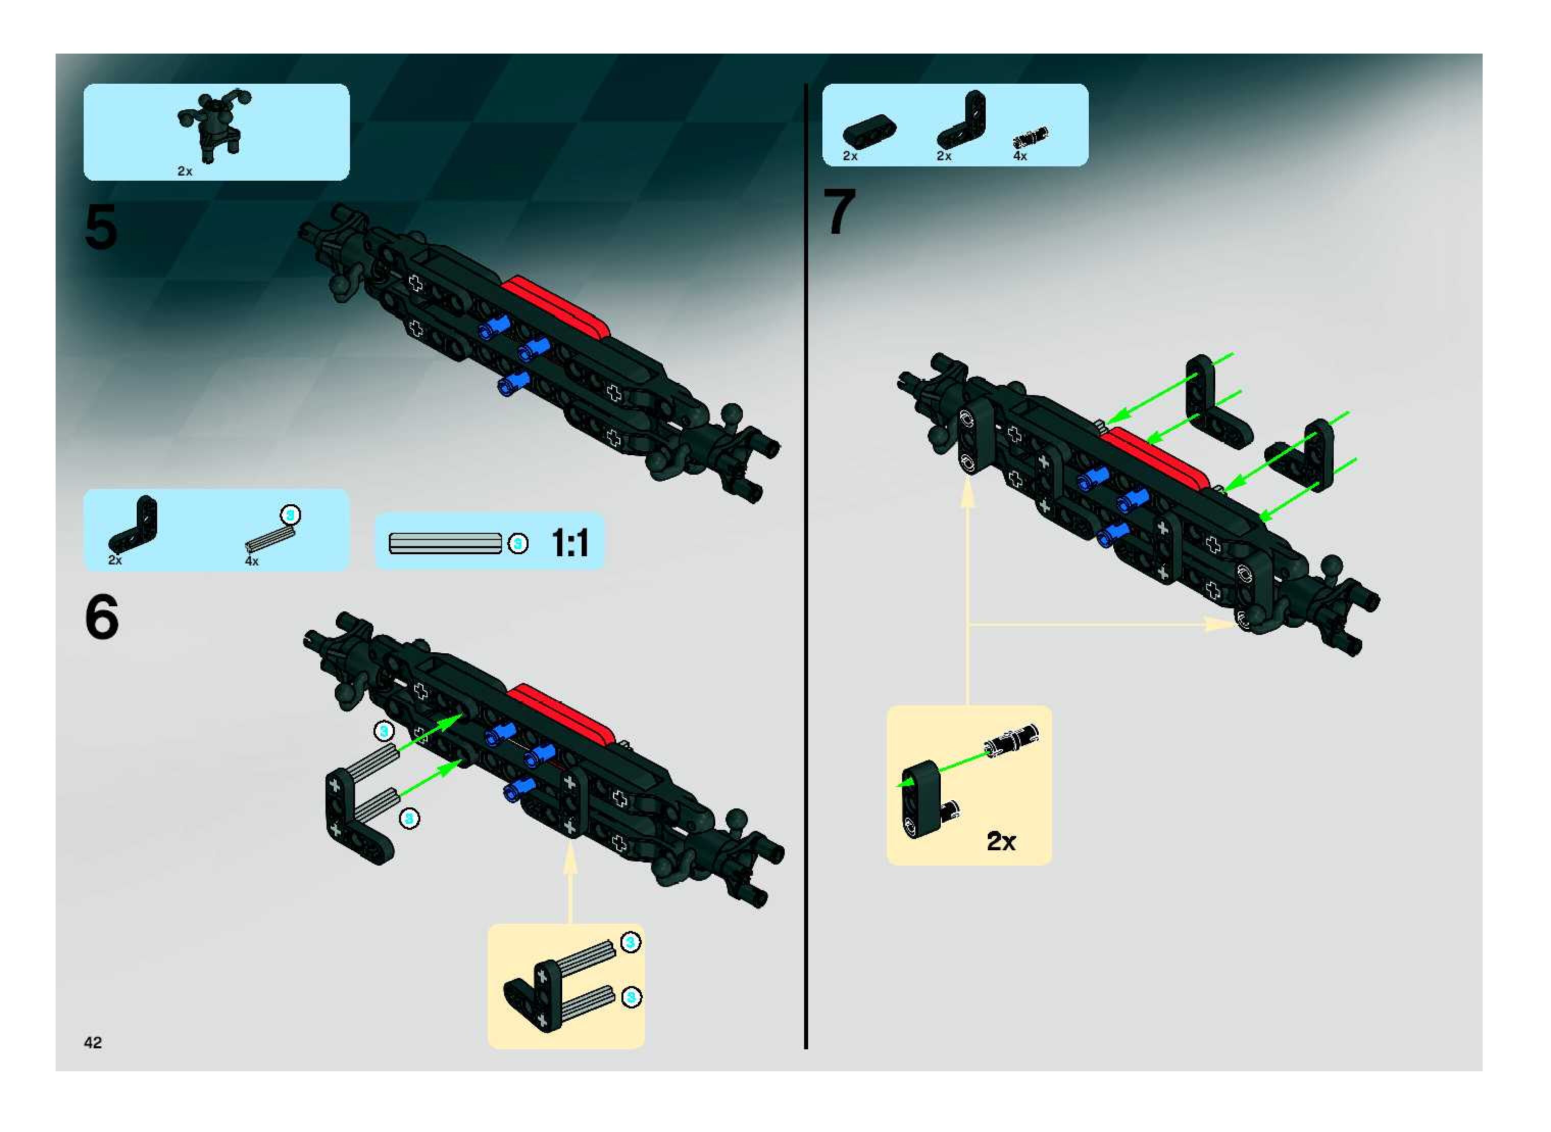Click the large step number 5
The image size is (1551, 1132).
(x=101, y=228)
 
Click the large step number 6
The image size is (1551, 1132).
(x=102, y=618)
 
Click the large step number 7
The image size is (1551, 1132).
(x=840, y=212)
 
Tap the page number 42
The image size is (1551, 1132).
(x=92, y=1042)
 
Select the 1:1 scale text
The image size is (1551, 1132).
(x=570, y=544)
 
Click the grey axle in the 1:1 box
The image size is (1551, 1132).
(x=445, y=544)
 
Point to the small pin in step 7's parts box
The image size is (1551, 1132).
(x=1030, y=137)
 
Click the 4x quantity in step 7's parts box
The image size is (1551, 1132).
(x=1020, y=156)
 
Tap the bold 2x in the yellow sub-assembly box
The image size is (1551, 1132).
(x=1001, y=842)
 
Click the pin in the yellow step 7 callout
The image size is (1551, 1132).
(x=1011, y=741)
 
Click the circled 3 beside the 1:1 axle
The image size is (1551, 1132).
(x=518, y=544)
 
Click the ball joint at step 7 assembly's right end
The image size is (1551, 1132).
(x=1333, y=566)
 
